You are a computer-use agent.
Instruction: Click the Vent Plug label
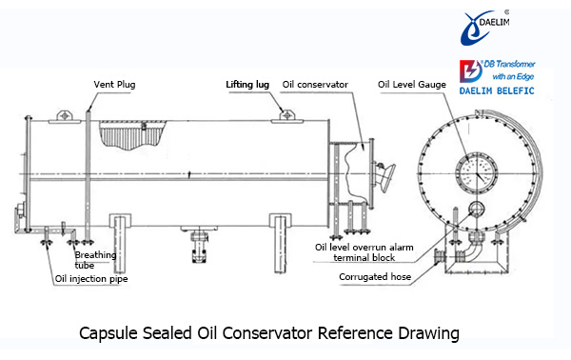point(114,85)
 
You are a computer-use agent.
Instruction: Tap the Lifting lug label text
point(247,85)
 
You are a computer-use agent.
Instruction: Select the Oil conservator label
point(315,85)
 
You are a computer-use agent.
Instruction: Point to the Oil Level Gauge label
point(412,85)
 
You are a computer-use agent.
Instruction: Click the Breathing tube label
point(95,260)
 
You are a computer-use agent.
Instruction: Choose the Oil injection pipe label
point(91,279)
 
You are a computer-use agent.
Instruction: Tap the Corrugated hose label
point(375,277)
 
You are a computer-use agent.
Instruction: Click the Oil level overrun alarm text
point(364,248)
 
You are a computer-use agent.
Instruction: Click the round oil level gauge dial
point(477,172)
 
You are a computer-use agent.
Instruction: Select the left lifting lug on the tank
point(65,116)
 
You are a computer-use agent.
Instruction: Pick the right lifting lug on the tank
point(287,116)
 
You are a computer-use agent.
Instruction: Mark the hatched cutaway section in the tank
point(132,134)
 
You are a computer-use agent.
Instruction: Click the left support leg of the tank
point(120,243)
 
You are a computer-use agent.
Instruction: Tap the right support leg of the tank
point(280,243)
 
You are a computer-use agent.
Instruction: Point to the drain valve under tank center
point(199,244)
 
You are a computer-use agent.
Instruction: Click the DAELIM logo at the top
point(484,28)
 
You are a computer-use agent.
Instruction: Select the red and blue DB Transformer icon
point(470,70)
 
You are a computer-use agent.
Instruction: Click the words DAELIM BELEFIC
point(497,90)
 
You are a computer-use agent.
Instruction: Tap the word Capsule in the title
point(108,333)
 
